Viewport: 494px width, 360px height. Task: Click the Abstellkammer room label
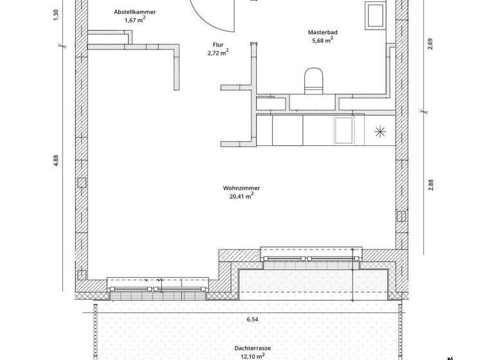coord(134,12)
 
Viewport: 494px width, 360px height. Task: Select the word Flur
coord(219,45)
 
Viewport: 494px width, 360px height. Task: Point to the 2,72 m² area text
coord(219,53)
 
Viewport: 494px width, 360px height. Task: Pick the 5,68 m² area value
coord(322,39)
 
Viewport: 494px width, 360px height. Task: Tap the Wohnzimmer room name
coord(241,188)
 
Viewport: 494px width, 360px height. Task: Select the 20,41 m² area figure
coord(241,196)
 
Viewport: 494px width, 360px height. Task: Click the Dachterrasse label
coord(252,348)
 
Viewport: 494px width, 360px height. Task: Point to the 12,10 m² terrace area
coord(252,355)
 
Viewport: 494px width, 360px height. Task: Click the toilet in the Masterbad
coord(314,80)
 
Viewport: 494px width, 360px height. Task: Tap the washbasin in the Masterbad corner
coord(374,15)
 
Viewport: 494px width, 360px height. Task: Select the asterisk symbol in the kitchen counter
coord(380,132)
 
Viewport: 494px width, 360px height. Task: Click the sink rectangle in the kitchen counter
coord(344,130)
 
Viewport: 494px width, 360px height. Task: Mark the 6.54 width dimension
coord(251,318)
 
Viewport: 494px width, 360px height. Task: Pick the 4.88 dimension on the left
coord(56,161)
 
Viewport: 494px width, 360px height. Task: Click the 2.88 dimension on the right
coord(432,184)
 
